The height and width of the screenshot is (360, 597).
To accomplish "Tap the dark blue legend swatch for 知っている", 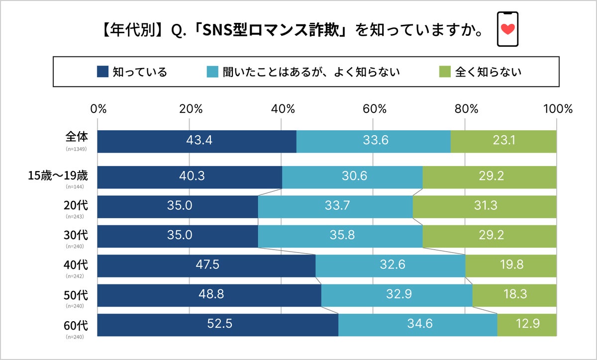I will [102, 72].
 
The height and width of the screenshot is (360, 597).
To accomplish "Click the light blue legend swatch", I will [212, 72].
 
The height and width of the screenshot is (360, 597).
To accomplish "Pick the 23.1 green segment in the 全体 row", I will [503, 141].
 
